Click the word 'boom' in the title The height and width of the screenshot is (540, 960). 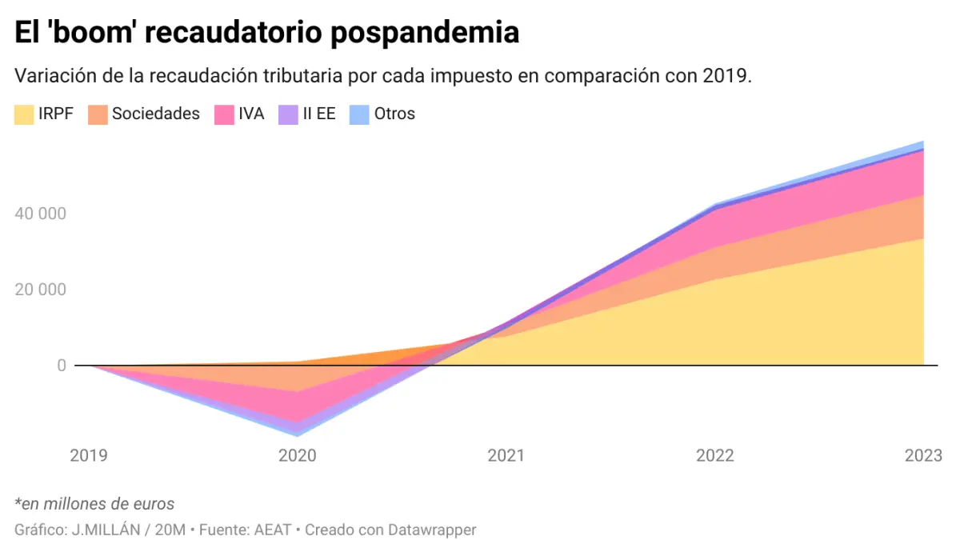click(99, 33)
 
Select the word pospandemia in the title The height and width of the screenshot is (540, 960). click(424, 33)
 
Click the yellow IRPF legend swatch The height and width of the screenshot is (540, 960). click(24, 114)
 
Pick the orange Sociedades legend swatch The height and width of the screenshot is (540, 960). click(98, 114)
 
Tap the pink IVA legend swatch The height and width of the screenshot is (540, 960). click(224, 114)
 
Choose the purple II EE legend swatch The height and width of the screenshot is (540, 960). click(288, 114)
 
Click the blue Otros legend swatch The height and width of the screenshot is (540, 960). click(359, 114)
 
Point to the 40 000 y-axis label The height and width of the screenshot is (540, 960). click(40, 214)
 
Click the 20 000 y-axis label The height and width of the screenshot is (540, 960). click(40, 290)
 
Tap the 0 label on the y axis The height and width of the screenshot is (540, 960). click(60, 366)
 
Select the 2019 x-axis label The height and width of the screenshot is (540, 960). click(89, 456)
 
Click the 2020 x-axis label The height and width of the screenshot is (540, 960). click(298, 456)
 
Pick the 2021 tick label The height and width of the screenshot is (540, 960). click(506, 456)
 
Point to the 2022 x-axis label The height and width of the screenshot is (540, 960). click(714, 456)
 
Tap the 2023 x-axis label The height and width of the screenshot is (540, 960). click(923, 456)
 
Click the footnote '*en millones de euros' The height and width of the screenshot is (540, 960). click(94, 504)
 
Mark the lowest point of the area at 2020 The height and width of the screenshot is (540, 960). click(298, 435)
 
